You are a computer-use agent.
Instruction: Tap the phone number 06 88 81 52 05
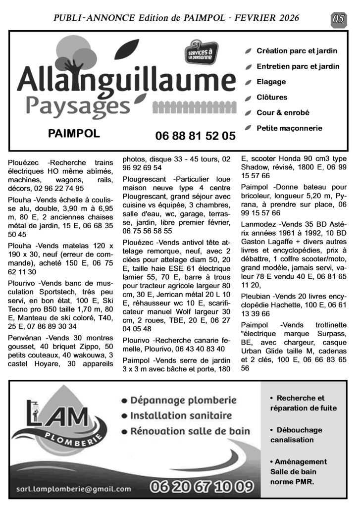195,136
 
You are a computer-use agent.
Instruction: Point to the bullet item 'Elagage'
271,82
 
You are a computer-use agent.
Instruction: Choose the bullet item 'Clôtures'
271,97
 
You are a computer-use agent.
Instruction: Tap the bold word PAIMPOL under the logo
74,134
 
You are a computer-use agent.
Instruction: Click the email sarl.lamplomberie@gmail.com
74,489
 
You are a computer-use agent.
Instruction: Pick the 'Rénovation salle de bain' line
190,431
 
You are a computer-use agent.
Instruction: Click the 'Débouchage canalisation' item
296,435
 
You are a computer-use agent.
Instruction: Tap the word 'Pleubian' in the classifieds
257,296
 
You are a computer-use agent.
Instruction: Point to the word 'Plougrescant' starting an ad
146,179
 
